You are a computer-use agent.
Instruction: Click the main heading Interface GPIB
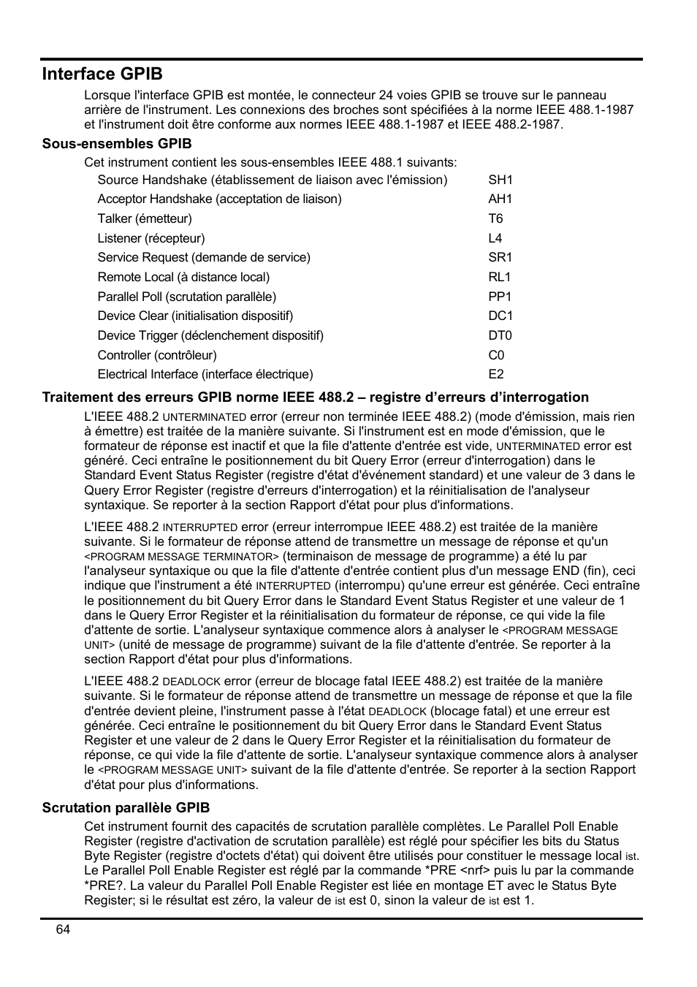pos(102,74)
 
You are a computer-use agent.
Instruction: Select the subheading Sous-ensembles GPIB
pos(117,143)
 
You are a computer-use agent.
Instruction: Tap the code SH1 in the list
pos(500,180)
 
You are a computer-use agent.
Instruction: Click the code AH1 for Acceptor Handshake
pos(500,199)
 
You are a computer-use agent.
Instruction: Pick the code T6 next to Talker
pos(495,218)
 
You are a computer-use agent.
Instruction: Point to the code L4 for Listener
pos(495,238)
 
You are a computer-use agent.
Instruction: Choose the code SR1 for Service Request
pos(500,257)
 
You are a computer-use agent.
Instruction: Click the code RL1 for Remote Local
pos(500,277)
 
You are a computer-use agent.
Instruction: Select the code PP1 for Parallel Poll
pos(500,297)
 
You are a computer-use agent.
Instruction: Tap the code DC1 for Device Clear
pos(500,316)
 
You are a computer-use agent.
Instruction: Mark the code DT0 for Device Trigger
pos(500,335)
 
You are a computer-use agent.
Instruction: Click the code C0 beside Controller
pos(496,355)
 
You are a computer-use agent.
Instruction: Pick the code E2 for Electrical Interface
pos(496,374)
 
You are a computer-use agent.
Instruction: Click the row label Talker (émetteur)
pos(145,218)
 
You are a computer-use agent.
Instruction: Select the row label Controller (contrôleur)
pos(157,355)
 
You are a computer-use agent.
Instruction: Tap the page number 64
pos(63,929)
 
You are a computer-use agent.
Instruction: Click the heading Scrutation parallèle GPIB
pos(126,807)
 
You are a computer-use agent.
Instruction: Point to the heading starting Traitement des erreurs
pos(315,397)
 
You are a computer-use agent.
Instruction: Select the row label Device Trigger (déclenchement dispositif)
pos(210,335)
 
